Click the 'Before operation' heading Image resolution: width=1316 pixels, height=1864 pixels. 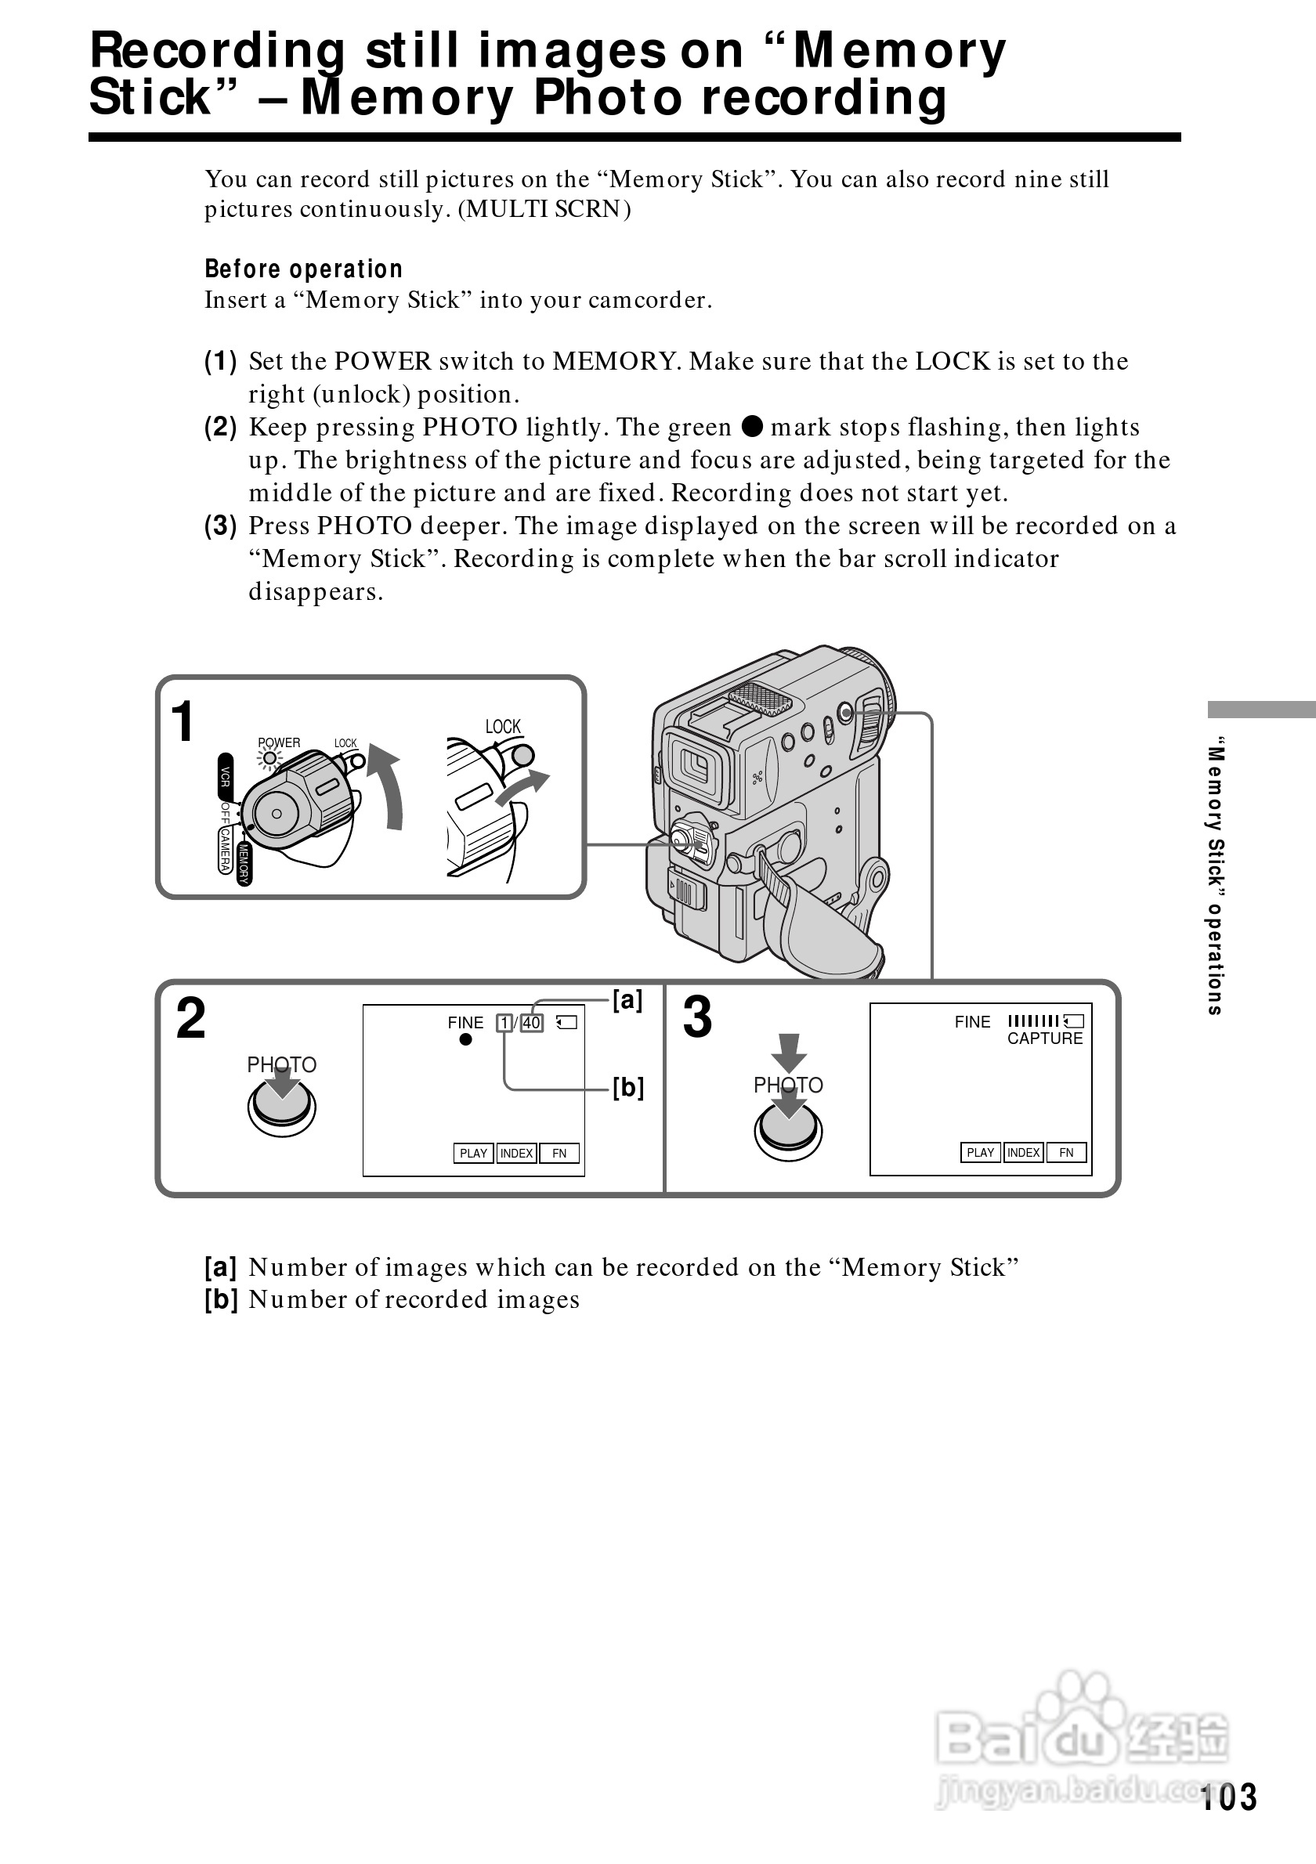tap(303, 269)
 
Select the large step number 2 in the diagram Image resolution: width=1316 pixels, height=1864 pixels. tap(192, 1018)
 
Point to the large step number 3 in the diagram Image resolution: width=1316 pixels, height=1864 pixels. tap(697, 1018)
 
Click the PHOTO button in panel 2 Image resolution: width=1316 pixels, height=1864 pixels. tap(282, 1107)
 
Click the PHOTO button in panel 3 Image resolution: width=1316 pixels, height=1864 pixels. tap(787, 1130)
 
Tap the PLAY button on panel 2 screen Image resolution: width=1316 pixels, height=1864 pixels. tap(473, 1153)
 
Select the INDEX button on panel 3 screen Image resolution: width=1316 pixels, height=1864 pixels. tap(1024, 1152)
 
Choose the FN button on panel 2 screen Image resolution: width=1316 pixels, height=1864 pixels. tap(559, 1153)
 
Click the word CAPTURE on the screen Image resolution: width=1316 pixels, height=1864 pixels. tap(1045, 1039)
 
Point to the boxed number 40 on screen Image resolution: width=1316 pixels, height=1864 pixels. tap(532, 1023)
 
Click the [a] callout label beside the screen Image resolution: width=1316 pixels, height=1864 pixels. tap(627, 1000)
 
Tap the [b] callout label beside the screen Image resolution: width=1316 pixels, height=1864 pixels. tap(627, 1087)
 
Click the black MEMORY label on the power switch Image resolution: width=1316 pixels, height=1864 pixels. tap(244, 863)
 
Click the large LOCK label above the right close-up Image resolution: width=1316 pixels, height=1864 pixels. tap(503, 727)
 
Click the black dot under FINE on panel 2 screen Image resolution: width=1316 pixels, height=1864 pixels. tap(465, 1040)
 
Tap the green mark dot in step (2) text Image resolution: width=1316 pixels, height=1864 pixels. tap(753, 426)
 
